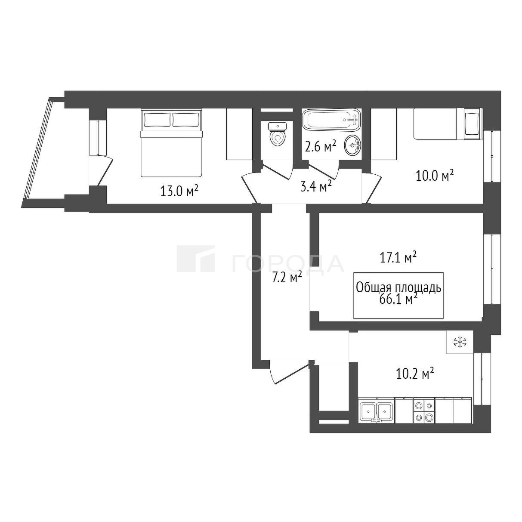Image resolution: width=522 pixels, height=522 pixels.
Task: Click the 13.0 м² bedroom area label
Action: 179,191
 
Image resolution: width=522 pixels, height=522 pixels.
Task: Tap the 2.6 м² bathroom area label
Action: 321,147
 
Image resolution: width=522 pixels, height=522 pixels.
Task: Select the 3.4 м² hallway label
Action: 316,186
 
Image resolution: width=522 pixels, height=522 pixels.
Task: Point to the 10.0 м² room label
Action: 435,176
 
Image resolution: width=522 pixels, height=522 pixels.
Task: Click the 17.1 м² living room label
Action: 398,258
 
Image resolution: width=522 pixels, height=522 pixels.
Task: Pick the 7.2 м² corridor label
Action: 287,278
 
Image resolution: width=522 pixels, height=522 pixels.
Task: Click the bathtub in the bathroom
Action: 332,120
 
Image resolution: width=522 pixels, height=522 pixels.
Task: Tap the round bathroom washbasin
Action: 352,144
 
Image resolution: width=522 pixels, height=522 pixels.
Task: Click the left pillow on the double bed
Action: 158,120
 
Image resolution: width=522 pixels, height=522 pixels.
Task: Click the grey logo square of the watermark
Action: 195,259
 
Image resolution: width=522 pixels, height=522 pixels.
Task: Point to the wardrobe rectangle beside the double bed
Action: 239,134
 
